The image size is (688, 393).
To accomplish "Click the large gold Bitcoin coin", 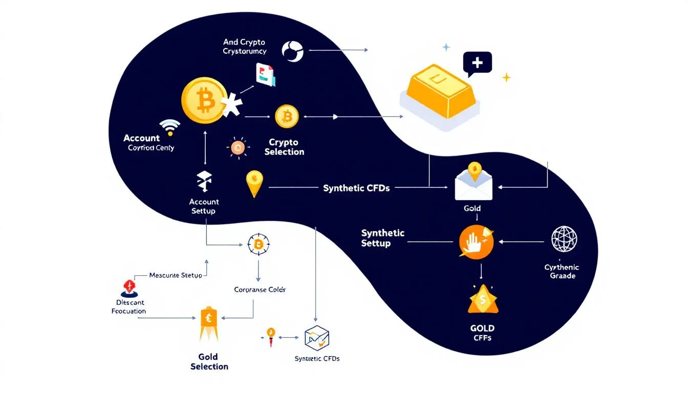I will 204,101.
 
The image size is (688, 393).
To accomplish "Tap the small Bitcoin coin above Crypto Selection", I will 287,117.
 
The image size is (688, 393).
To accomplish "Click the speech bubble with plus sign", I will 477,63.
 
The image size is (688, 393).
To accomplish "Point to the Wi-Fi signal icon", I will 170,126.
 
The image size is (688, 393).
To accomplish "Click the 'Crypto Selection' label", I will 284,147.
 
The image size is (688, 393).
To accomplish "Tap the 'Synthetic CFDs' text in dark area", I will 356,188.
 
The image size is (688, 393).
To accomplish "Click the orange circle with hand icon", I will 476,242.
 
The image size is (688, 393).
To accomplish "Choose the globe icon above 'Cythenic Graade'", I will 564,239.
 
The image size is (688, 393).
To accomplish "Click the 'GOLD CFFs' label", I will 482,333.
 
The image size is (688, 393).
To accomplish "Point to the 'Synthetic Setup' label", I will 382,238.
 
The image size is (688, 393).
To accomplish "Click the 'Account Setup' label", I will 204,206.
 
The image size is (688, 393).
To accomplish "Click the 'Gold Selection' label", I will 209,361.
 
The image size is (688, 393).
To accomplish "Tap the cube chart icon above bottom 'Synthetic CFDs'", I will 316,337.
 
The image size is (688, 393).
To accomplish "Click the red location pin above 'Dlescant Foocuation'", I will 129,288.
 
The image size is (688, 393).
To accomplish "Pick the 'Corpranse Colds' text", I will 260,289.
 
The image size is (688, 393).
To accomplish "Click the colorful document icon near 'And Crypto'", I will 266,74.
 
